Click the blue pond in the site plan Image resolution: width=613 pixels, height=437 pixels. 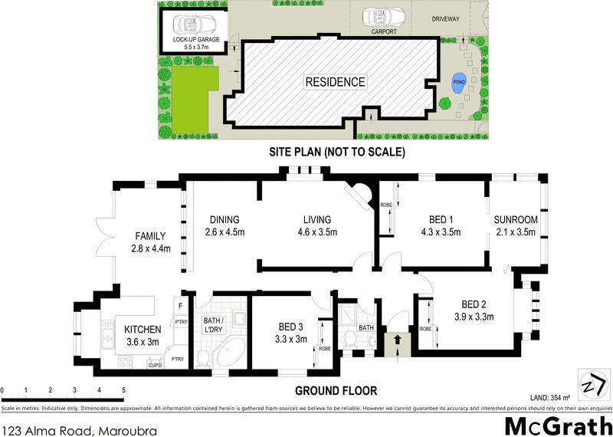(457, 83)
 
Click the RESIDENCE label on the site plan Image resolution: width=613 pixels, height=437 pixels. (335, 82)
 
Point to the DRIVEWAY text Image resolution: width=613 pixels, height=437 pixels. (445, 20)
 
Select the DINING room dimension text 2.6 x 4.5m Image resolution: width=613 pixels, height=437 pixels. (225, 233)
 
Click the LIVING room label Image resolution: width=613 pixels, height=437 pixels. (316, 219)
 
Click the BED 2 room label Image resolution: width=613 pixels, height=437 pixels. (474, 303)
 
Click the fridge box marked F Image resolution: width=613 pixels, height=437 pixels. (179, 306)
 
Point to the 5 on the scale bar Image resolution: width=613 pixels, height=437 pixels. (123, 391)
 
